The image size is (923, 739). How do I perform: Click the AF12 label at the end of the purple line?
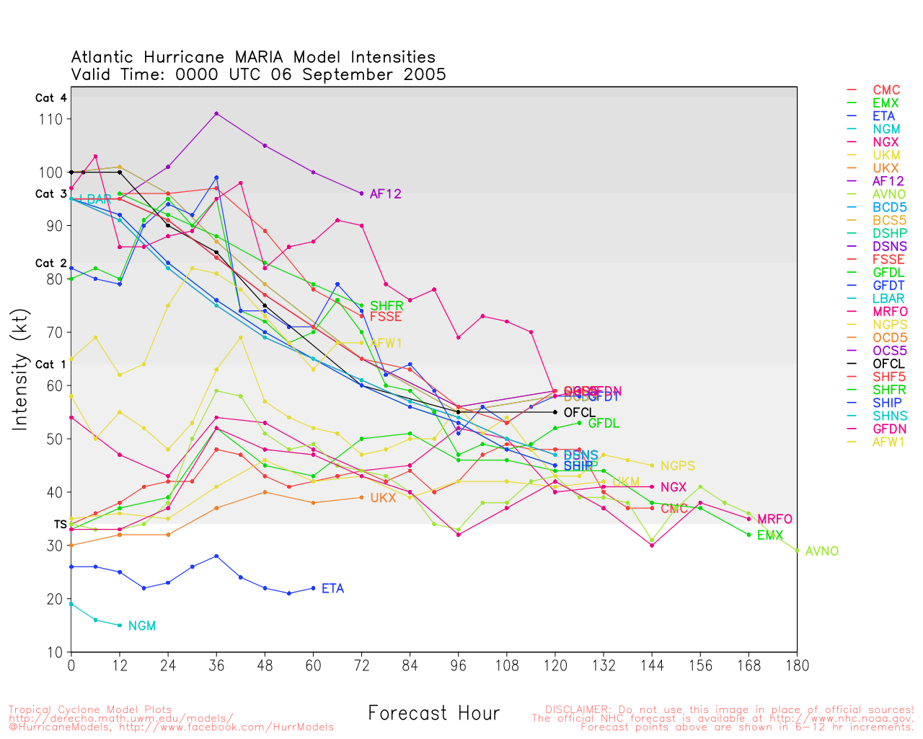385,194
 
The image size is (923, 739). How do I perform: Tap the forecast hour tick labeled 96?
459,666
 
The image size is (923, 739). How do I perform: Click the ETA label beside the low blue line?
332,589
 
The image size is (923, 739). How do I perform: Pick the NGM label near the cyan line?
142,626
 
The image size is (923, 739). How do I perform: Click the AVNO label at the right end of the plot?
822,551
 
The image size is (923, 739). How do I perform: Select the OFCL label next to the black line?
579,413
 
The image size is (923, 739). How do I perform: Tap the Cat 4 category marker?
51,98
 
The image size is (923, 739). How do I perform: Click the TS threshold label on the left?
61,525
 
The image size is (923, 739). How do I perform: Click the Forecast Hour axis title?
433,714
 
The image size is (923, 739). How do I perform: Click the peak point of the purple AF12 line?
216,113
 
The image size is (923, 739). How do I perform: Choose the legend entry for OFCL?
888,364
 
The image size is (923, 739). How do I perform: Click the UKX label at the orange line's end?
383,498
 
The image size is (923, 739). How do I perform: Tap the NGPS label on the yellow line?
677,466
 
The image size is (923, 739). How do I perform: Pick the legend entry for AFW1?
888,442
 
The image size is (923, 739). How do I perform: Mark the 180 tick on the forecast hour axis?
797,666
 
